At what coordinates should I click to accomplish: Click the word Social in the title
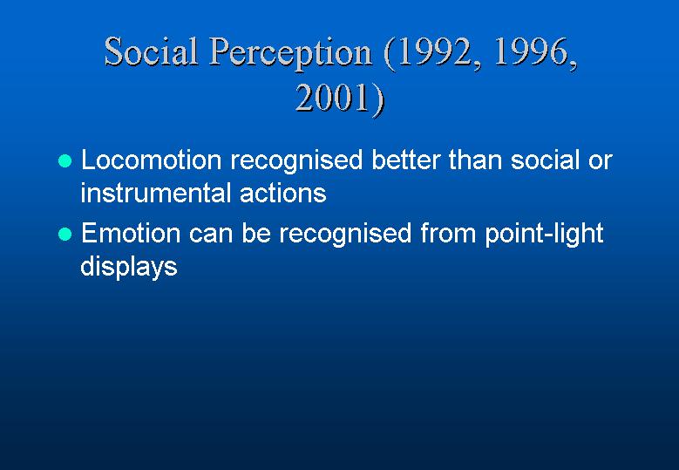(152, 51)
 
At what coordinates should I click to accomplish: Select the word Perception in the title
(290, 54)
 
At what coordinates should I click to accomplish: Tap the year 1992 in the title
(433, 53)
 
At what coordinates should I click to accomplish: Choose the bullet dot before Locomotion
(65, 160)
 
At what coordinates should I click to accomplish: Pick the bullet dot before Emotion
(65, 234)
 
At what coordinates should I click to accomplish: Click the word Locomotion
(152, 160)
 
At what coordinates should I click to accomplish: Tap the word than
(475, 160)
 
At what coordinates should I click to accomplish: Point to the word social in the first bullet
(545, 160)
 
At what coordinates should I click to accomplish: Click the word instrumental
(155, 193)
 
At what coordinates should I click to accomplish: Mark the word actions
(282, 193)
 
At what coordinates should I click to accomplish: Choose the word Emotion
(131, 233)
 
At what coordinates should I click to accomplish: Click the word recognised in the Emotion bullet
(345, 235)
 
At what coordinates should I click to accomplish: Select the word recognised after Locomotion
(296, 161)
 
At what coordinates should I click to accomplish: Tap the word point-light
(544, 235)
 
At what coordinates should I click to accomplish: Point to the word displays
(129, 268)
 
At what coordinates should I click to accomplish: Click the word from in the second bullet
(448, 233)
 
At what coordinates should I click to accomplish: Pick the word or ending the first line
(601, 161)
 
